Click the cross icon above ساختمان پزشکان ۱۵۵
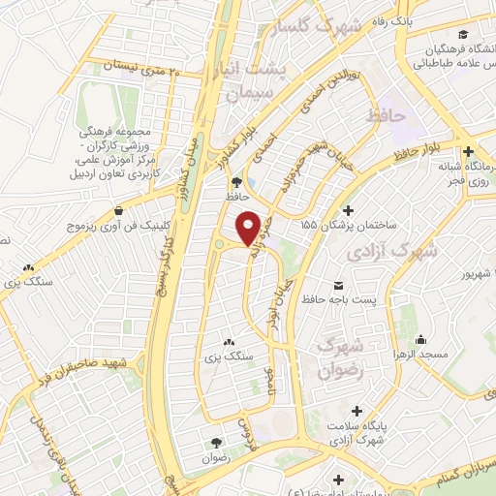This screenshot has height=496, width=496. tap(349, 209)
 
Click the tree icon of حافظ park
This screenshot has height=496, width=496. tap(235, 181)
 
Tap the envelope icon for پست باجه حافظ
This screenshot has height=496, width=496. tap(339, 285)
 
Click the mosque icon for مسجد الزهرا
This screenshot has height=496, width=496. tap(422, 339)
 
